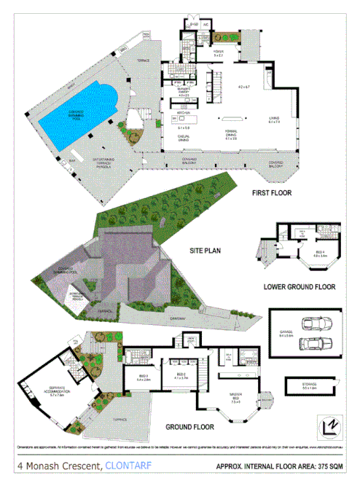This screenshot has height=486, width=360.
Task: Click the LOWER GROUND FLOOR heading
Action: click(299, 287)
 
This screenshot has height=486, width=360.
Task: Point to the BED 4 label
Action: click(318, 253)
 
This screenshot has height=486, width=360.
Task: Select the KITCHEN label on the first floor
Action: click(183, 114)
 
